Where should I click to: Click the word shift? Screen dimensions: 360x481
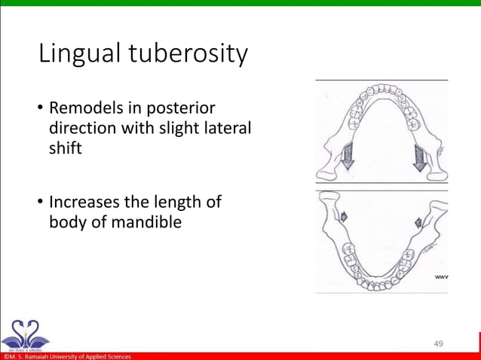pos(66,148)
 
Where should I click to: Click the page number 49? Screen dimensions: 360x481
pos(438,343)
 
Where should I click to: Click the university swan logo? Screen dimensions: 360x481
pos(24,333)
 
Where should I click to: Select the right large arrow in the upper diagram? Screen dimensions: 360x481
pos(419,156)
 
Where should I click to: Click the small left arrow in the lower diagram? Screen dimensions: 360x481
pos(344,217)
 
